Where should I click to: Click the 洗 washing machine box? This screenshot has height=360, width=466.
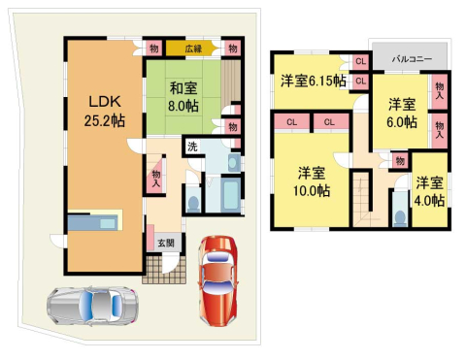pos(192,147)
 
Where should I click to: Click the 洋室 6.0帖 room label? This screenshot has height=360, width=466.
pos(403,113)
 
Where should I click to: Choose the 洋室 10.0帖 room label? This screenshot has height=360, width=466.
pos(312,181)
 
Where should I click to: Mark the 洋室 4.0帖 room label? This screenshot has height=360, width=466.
pos(430,192)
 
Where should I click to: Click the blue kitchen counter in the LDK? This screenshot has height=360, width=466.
pos(92,224)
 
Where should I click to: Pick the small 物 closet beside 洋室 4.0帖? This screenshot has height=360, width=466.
pos(399,160)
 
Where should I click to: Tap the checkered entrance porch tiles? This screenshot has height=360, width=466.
pos(159,268)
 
